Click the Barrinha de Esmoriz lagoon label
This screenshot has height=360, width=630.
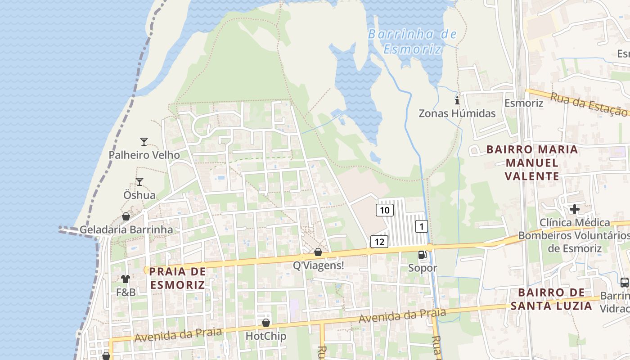pyautogui.click(x=412, y=41)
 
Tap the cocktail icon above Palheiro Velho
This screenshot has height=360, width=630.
pyautogui.click(x=144, y=142)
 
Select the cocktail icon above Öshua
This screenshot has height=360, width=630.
pyautogui.click(x=139, y=182)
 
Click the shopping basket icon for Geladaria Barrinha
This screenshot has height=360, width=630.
pyautogui.click(x=126, y=217)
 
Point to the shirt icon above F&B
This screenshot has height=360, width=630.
pyautogui.click(x=126, y=279)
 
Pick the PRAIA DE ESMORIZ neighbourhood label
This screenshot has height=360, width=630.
pyautogui.click(x=177, y=278)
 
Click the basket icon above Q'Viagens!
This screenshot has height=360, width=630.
pyautogui.click(x=318, y=252)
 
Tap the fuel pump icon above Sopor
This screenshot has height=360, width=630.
pyautogui.click(x=422, y=255)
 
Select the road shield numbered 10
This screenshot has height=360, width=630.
pyautogui.click(x=384, y=210)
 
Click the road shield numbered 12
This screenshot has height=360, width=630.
pyautogui.click(x=379, y=242)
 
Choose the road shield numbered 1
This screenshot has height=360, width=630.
pyautogui.click(x=421, y=226)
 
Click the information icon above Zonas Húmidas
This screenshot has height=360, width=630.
pyautogui.click(x=457, y=100)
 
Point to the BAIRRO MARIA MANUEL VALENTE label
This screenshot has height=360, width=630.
pyautogui.click(x=532, y=162)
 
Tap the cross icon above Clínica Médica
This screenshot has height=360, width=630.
pyautogui.click(x=574, y=209)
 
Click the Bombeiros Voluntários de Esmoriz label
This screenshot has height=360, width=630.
pyautogui.click(x=574, y=242)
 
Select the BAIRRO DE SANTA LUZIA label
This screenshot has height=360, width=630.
pyautogui.click(x=551, y=299)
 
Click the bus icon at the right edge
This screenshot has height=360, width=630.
pyautogui.click(x=624, y=283)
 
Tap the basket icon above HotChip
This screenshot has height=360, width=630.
pyautogui.click(x=266, y=323)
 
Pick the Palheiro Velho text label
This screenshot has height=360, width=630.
pyautogui.click(x=144, y=155)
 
